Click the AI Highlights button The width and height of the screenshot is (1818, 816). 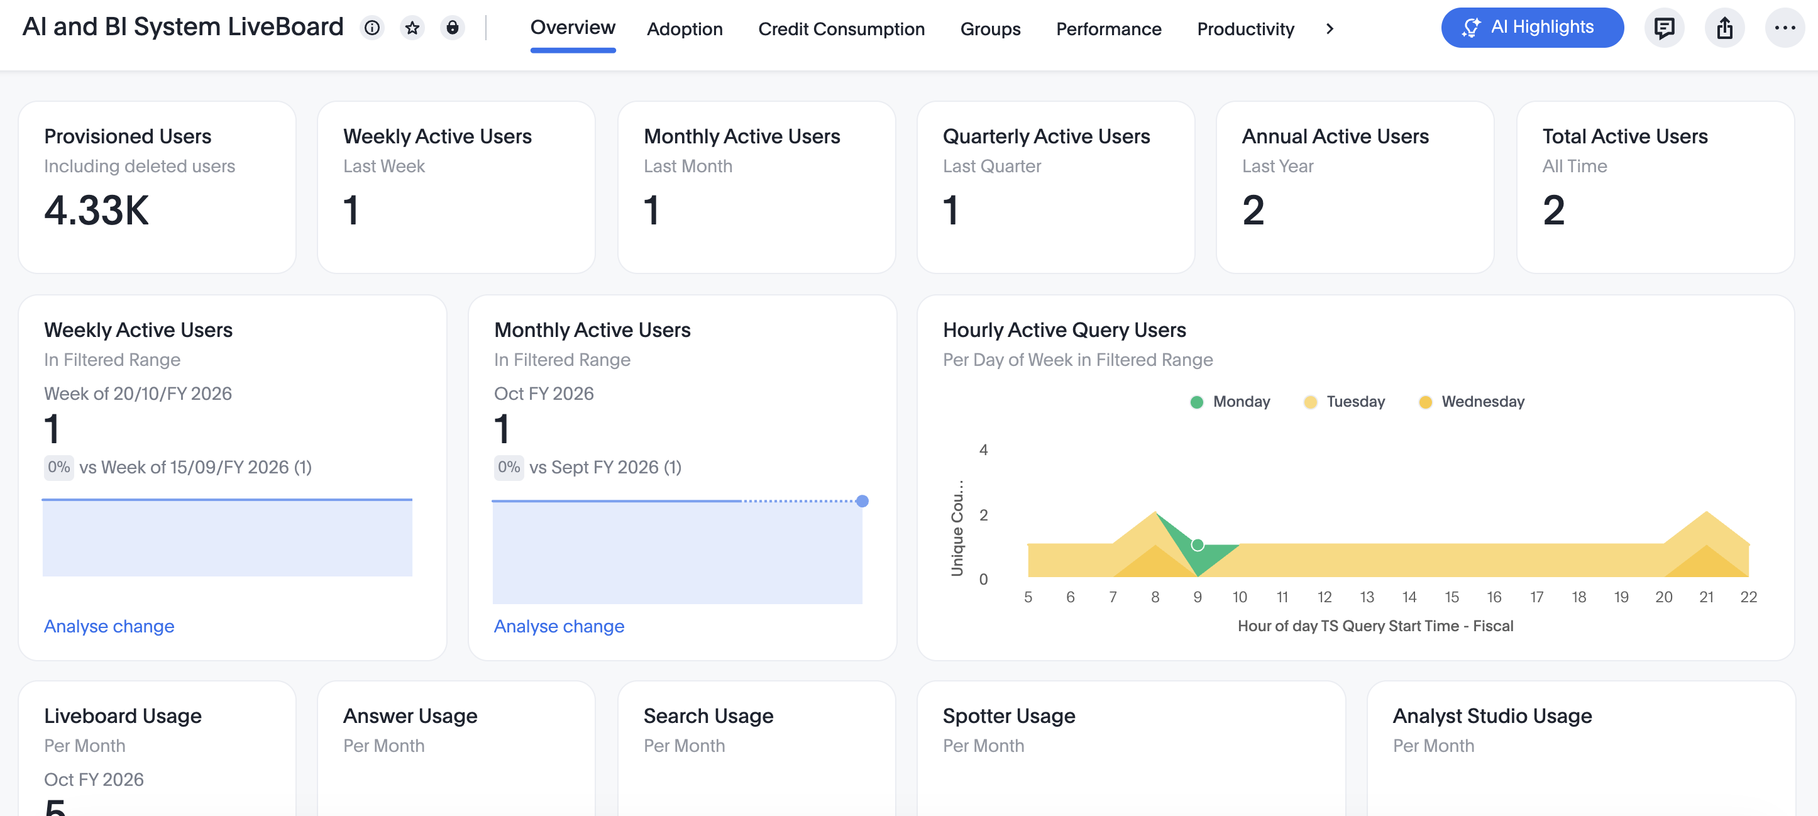[x=1531, y=28]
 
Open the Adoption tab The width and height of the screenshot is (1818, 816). [x=685, y=29]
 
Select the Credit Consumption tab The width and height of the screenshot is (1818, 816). [x=841, y=29]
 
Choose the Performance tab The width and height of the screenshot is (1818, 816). [x=1108, y=29]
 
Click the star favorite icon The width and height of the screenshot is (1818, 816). [x=412, y=28]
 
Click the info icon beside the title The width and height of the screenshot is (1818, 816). [x=372, y=28]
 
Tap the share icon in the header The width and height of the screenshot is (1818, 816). [x=1724, y=28]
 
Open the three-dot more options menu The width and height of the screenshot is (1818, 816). [x=1784, y=28]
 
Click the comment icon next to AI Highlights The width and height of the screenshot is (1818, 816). [x=1664, y=28]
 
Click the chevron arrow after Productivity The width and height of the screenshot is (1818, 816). [x=1330, y=29]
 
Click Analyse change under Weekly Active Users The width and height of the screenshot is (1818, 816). [x=109, y=626]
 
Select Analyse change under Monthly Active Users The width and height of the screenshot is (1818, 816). [x=559, y=626]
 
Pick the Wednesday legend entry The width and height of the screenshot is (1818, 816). [x=1472, y=402]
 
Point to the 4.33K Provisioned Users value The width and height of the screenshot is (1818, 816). [x=97, y=211]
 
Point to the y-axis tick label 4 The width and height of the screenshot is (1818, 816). [x=983, y=449]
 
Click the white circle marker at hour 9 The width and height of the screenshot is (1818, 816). [x=1198, y=545]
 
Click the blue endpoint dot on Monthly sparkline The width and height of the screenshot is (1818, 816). [x=862, y=501]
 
